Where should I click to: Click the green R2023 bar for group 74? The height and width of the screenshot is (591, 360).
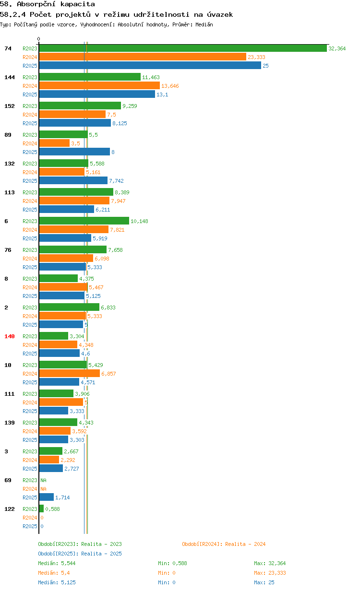pos(183,48)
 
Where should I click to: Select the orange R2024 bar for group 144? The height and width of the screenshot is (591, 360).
pos(99,86)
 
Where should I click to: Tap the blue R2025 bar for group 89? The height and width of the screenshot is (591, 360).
pos(74,152)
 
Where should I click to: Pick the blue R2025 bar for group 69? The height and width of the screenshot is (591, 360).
pos(46,497)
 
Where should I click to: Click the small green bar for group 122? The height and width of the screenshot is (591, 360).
pos(41,508)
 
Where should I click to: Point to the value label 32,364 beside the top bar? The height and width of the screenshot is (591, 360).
pos(337,48)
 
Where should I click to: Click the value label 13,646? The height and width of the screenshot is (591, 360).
pos(170,86)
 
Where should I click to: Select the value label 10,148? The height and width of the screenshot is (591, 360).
pos(139,221)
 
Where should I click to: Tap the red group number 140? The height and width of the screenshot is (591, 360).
pos(10,336)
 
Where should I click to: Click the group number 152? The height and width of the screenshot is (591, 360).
pos(10,106)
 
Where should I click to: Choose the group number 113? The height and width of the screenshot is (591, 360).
pos(10,192)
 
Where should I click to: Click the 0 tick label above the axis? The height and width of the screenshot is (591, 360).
pos(38,39)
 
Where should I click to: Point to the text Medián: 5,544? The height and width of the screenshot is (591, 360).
pos(57,563)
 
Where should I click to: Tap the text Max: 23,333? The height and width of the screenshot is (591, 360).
pos(270,573)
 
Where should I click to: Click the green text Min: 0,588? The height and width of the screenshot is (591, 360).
pos(172,563)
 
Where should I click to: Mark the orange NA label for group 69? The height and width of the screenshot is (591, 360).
pos(43,489)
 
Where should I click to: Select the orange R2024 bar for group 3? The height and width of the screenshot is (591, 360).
pos(49,460)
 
